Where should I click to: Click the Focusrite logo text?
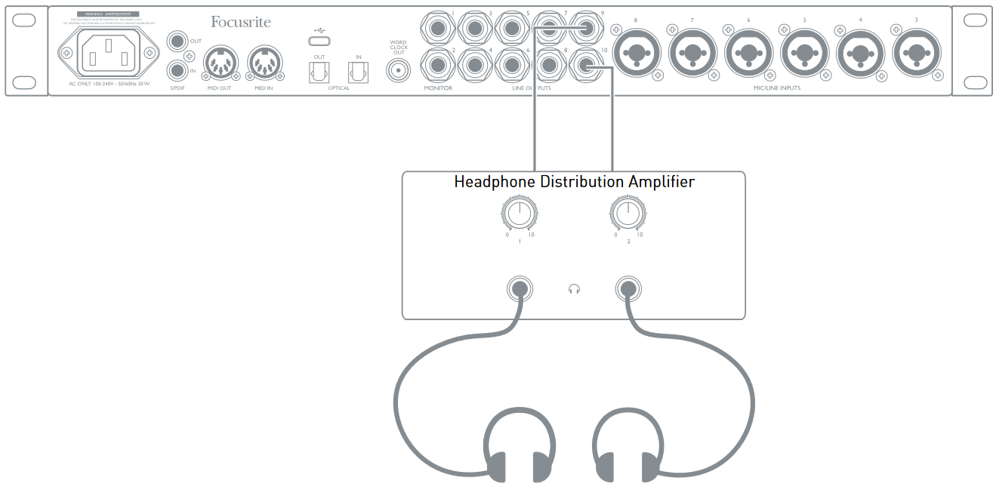click(240, 23)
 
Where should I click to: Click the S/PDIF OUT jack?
click(177, 41)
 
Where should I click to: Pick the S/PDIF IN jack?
click(177, 71)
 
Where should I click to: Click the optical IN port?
click(358, 72)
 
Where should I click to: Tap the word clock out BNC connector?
click(398, 71)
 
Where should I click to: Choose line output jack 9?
click(587, 28)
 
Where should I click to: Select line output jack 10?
click(587, 66)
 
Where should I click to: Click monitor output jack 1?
click(439, 28)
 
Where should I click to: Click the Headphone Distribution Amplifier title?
click(574, 182)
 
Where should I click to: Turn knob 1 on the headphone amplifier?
click(518, 215)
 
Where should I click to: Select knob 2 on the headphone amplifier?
click(626, 215)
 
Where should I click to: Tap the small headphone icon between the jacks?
click(574, 288)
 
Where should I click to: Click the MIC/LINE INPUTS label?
click(776, 88)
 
